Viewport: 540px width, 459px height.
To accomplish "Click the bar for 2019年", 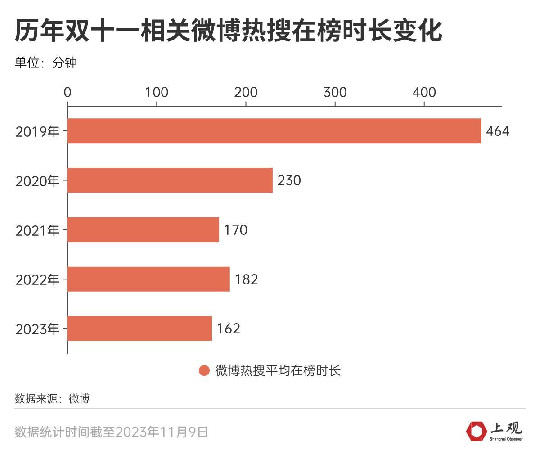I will point(274,131).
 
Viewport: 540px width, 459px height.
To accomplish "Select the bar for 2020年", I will point(170,180).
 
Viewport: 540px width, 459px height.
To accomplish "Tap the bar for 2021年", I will point(143,230).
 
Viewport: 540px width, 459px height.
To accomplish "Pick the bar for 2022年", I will point(148,279).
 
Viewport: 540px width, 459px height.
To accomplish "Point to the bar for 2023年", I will point(139,328).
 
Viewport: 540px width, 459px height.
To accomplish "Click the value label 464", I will point(497,131).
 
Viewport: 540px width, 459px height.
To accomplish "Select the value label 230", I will point(289,180).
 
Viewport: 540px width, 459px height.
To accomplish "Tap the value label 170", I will point(235,230).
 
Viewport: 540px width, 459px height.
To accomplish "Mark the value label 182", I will point(246,279).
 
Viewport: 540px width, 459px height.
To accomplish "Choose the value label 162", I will point(228,328).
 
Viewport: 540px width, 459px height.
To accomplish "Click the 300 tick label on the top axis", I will point(335,92).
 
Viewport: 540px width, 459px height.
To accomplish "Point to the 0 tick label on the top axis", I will point(67,92).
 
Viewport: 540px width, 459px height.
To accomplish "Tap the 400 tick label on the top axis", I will point(424,92).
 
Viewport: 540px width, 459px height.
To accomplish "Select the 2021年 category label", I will point(37,230).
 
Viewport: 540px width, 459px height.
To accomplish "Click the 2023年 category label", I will point(37,329).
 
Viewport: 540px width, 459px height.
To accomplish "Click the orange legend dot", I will point(204,370).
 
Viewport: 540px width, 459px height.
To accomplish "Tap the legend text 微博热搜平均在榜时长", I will point(278,370).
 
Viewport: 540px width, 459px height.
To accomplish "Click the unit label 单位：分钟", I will point(45,62).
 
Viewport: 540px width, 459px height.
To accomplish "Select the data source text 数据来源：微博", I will point(52,398).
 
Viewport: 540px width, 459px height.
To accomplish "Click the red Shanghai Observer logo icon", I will point(476,431).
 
